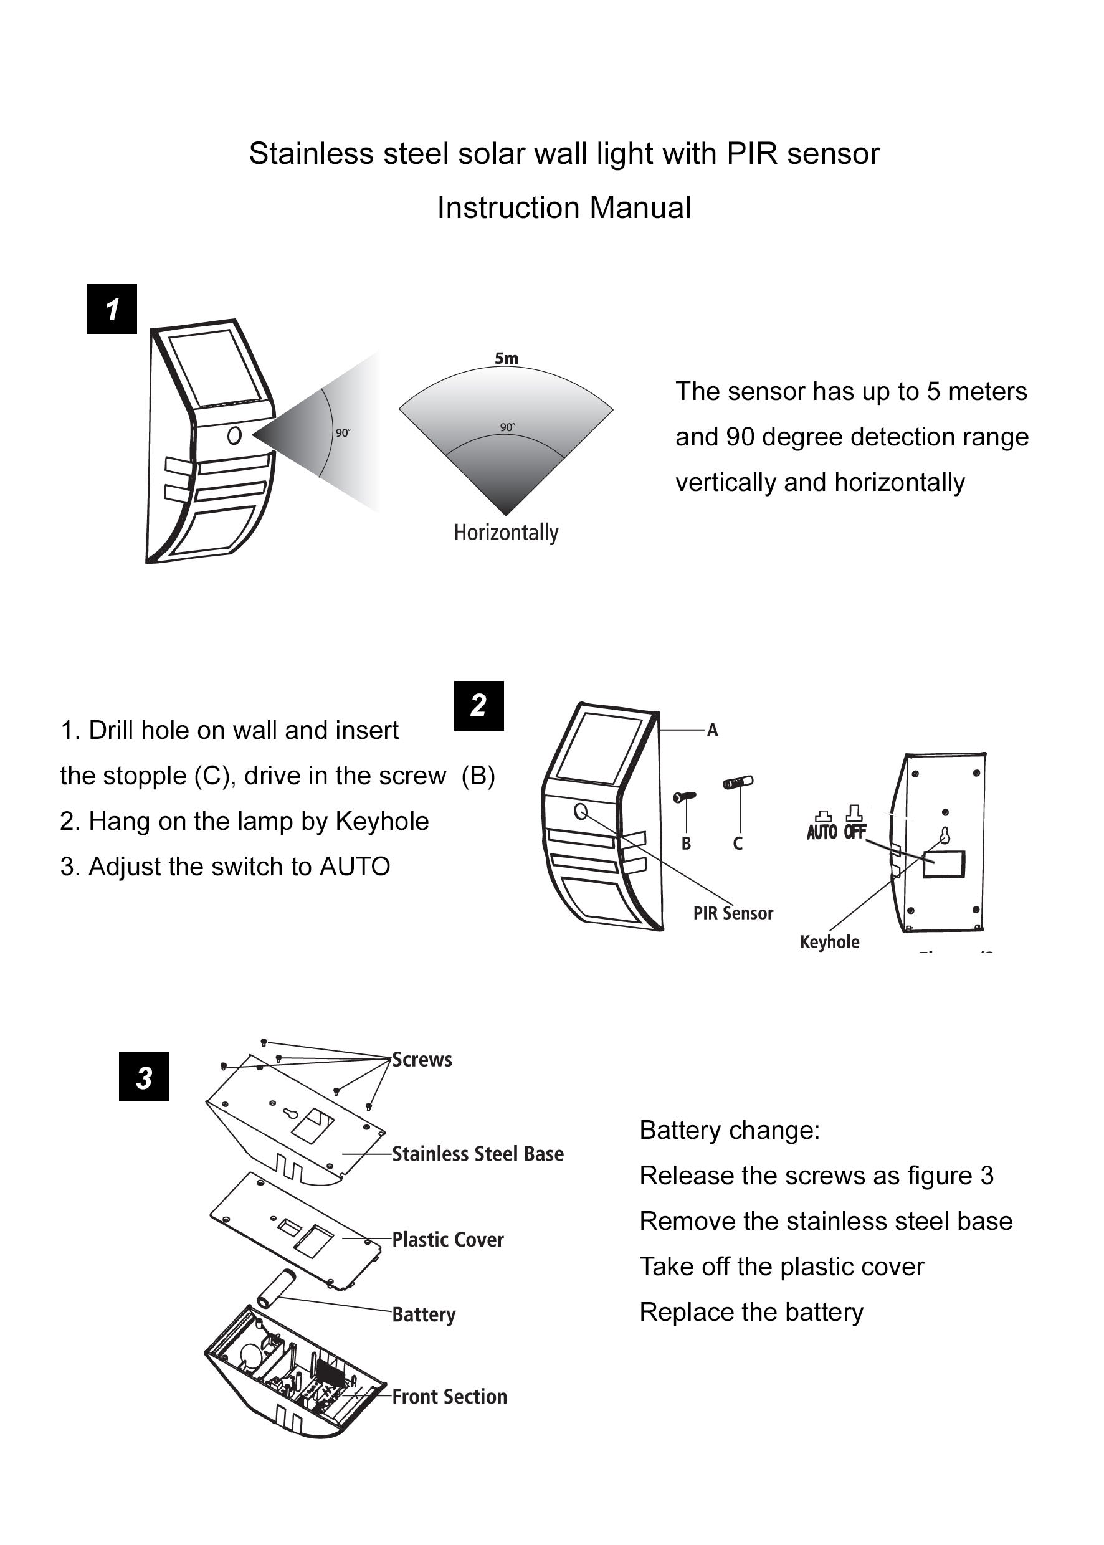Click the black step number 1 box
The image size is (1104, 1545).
(x=112, y=308)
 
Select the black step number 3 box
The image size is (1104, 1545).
(x=143, y=1077)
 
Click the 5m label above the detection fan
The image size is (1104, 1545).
(x=507, y=358)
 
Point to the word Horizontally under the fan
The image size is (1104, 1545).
(x=506, y=532)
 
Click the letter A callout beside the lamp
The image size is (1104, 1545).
(x=713, y=730)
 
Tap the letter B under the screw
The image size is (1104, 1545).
(x=686, y=844)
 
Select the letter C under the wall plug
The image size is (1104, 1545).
(x=738, y=844)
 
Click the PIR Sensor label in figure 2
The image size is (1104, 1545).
(x=733, y=913)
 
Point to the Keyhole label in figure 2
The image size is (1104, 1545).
(x=829, y=941)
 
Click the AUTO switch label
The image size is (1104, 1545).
(x=822, y=831)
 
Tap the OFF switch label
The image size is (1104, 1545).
(x=855, y=830)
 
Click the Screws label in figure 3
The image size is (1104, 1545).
(x=422, y=1060)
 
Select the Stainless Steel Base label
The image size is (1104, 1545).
(x=478, y=1154)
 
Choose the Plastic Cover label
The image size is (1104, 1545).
(x=448, y=1239)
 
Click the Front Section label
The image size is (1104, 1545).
(x=449, y=1396)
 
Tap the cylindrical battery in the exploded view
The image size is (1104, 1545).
(x=274, y=1289)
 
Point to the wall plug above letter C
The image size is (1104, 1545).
(x=738, y=782)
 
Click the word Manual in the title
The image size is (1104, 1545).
(x=640, y=207)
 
